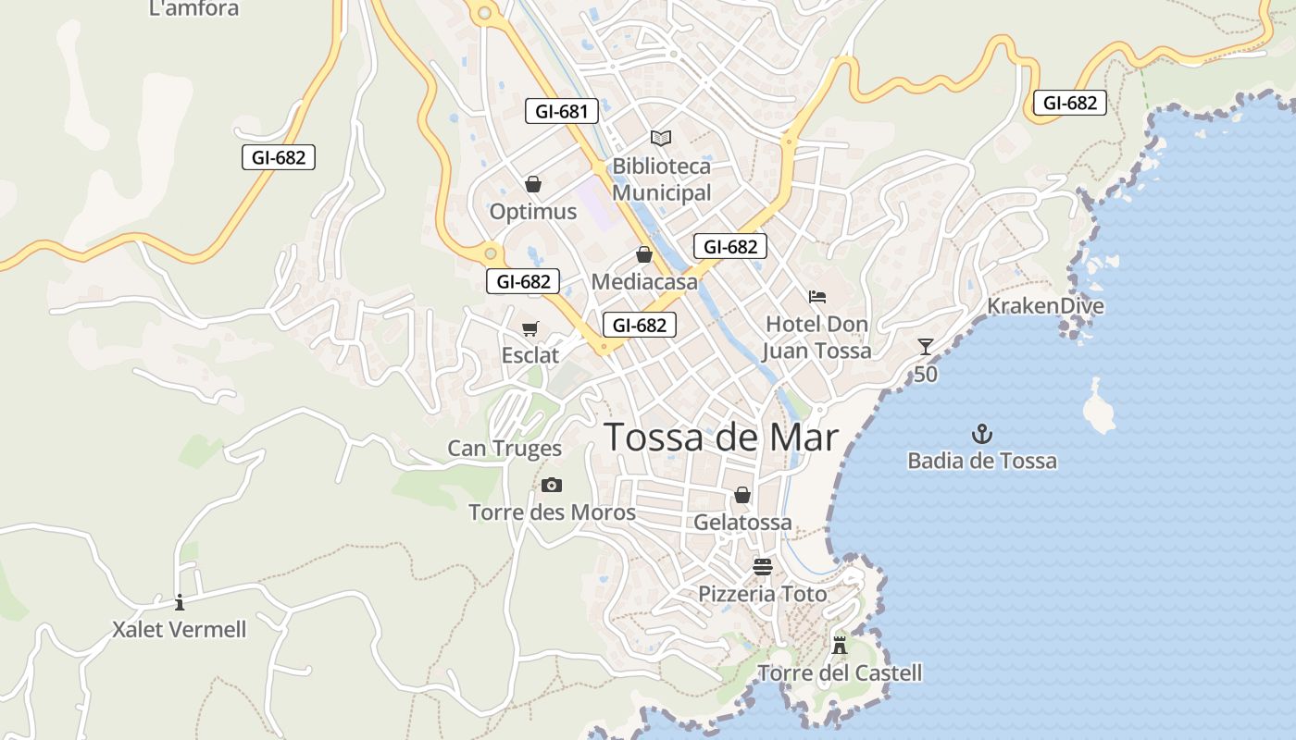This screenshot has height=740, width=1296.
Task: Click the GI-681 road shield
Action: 561,111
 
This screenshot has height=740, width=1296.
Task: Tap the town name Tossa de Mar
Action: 721,438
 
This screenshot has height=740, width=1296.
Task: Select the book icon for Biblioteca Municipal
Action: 660,138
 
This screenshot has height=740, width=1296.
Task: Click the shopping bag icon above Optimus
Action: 532,184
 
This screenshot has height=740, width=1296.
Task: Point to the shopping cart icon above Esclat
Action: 530,328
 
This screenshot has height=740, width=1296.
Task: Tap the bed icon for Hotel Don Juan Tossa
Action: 816,297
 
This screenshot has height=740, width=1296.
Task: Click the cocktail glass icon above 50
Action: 926,347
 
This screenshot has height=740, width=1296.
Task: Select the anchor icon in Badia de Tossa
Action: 981,433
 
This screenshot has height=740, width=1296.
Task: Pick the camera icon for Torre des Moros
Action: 552,485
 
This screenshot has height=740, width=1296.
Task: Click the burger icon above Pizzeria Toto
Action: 763,566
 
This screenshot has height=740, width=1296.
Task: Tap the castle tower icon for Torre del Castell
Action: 840,645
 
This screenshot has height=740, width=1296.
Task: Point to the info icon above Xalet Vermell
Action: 180,602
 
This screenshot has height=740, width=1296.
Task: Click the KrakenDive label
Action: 1045,306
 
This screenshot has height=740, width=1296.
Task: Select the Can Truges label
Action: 505,449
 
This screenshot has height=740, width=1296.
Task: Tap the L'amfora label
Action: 193,9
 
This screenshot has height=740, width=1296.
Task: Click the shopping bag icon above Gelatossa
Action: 742,495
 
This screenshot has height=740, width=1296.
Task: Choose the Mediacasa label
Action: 644,282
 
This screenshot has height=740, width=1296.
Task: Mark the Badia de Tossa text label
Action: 981,461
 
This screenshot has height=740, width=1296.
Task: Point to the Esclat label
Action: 530,355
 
